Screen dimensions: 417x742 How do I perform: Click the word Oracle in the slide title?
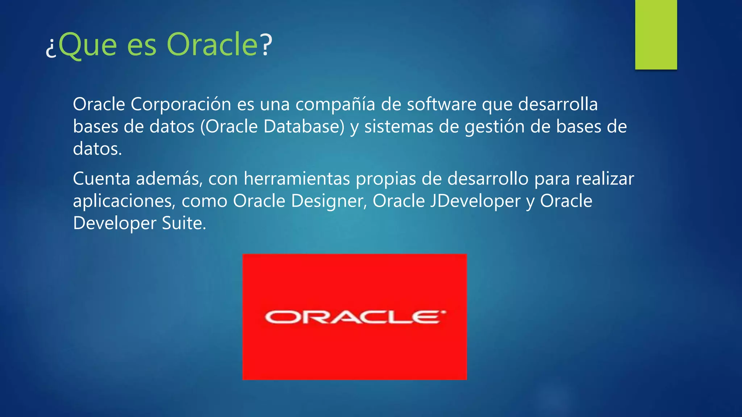click(x=212, y=45)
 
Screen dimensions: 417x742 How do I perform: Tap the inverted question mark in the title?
click(x=51, y=49)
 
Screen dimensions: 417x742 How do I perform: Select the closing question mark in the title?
click(x=266, y=45)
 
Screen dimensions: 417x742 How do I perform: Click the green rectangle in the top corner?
click(x=656, y=34)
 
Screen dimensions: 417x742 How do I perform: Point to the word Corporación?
click(x=181, y=105)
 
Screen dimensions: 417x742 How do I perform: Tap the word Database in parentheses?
click(x=304, y=127)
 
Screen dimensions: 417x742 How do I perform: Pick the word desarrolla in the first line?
click(x=558, y=105)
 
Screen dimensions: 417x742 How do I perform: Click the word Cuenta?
click(x=101, y=179)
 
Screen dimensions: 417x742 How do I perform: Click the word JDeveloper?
click(x=475, y=201)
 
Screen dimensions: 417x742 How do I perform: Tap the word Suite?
click(x=184, y=223)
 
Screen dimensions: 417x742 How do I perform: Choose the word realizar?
click(x=605, y=179)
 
